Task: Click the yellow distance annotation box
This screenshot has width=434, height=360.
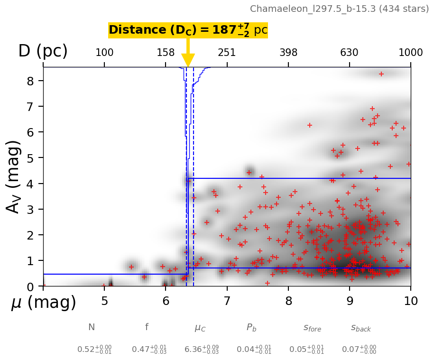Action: (188, 30)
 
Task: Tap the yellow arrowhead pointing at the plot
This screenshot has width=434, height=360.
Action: (188, 60)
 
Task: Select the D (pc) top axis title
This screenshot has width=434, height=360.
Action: (43, 51)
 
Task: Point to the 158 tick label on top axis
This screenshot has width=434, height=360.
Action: (166, 53)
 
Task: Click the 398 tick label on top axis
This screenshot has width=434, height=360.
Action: (288, 53)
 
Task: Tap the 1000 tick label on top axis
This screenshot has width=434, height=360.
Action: (411, 53)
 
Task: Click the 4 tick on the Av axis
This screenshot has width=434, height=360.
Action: (30, 183)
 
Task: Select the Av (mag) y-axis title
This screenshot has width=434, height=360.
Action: (14, 176)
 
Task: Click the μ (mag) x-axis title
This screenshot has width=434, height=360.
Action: (44, 303)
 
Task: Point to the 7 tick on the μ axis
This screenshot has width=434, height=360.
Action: (227, 301)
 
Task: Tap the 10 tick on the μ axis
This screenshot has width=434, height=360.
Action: (411, 301)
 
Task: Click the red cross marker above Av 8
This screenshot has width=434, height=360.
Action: (381, 74)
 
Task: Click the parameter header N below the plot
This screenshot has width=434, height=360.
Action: (92, 327)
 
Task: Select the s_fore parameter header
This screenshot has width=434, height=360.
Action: (312, 328)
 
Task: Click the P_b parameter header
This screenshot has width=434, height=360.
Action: (251, 327)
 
